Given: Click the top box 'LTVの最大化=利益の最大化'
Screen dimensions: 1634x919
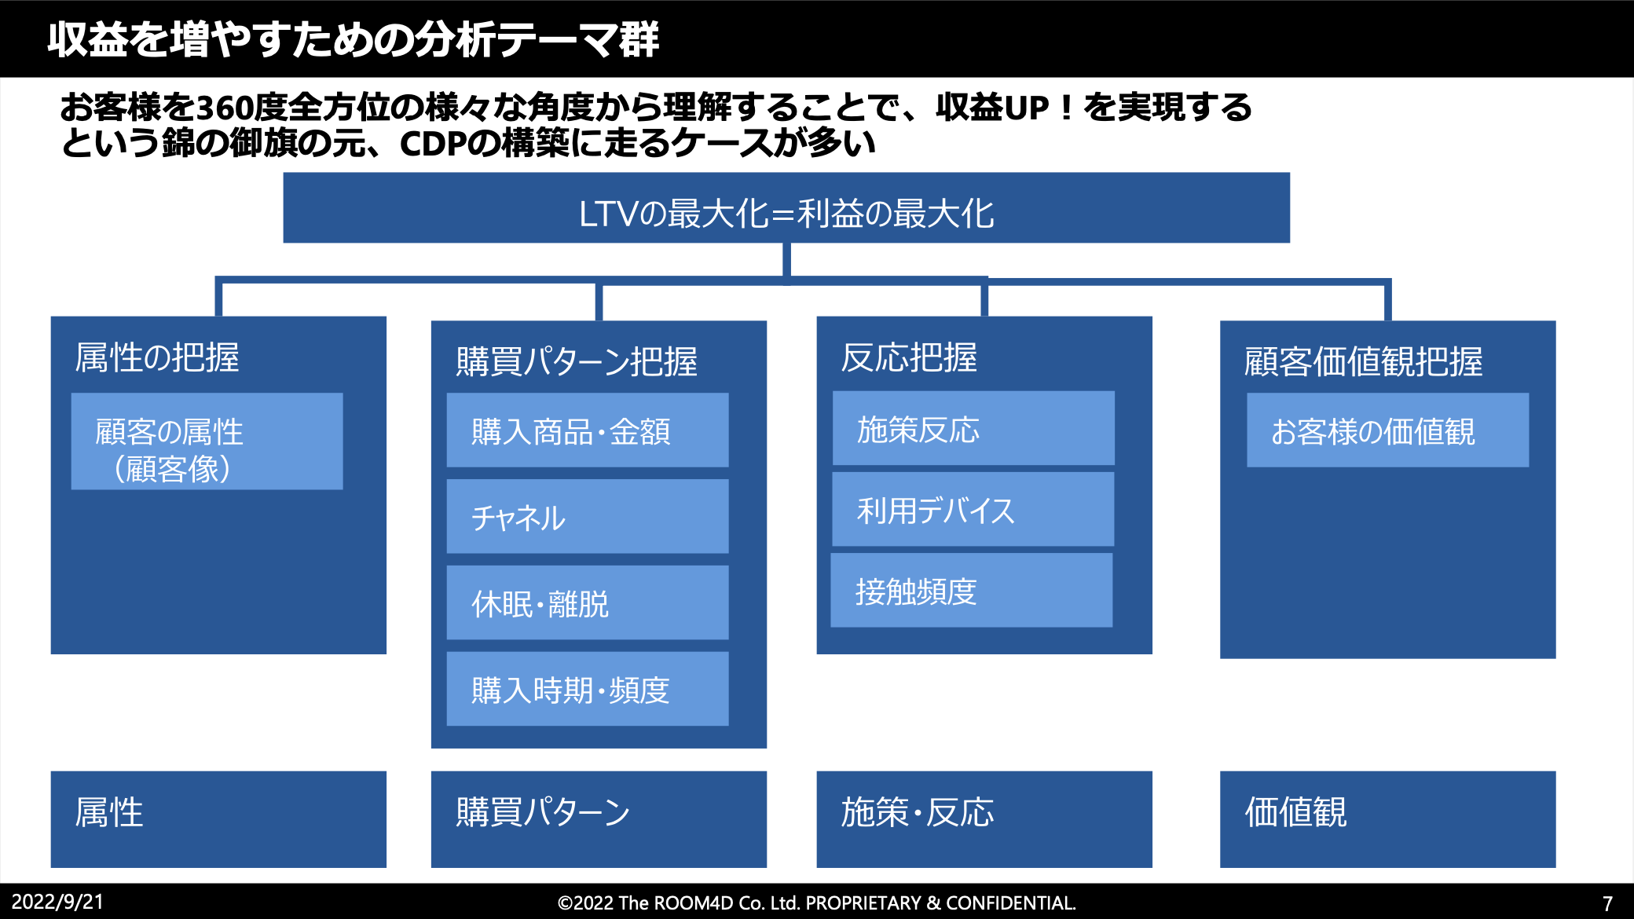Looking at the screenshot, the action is coord(786,208).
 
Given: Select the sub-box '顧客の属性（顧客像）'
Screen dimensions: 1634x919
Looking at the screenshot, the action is coord(207,441).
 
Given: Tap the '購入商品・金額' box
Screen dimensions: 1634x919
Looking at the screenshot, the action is coord(588,430).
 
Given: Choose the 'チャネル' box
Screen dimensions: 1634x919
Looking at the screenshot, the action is coord(588,516).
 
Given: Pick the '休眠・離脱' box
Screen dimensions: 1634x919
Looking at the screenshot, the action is coord(588,602).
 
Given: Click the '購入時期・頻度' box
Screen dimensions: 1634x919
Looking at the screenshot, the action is coord(588,689).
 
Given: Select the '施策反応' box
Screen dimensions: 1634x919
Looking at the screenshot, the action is coord(973,428).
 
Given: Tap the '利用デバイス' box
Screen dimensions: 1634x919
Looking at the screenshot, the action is coord(973,509).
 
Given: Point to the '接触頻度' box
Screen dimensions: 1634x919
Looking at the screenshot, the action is coord(972,590).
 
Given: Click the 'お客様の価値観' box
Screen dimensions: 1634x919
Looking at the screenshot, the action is coord(1388,430).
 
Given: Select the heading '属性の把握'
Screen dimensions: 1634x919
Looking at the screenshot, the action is coord(157,357).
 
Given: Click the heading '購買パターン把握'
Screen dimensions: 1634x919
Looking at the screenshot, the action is coord(577,361).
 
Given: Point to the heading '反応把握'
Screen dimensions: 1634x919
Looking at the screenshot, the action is coord(909,357).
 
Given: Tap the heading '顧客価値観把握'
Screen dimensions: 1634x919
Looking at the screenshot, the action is coord(1364,361).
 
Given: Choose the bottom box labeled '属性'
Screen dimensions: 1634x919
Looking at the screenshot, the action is coord(218,819).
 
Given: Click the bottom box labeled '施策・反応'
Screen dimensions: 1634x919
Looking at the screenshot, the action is coord(984,819).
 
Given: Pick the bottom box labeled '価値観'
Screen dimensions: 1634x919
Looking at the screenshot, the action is coord(1388,819).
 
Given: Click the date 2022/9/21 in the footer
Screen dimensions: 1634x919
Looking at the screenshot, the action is coord(57,902).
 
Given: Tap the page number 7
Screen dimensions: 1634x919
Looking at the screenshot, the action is coord(1607,903).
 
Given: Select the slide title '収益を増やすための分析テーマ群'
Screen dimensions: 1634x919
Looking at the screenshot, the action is coord(354,39).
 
